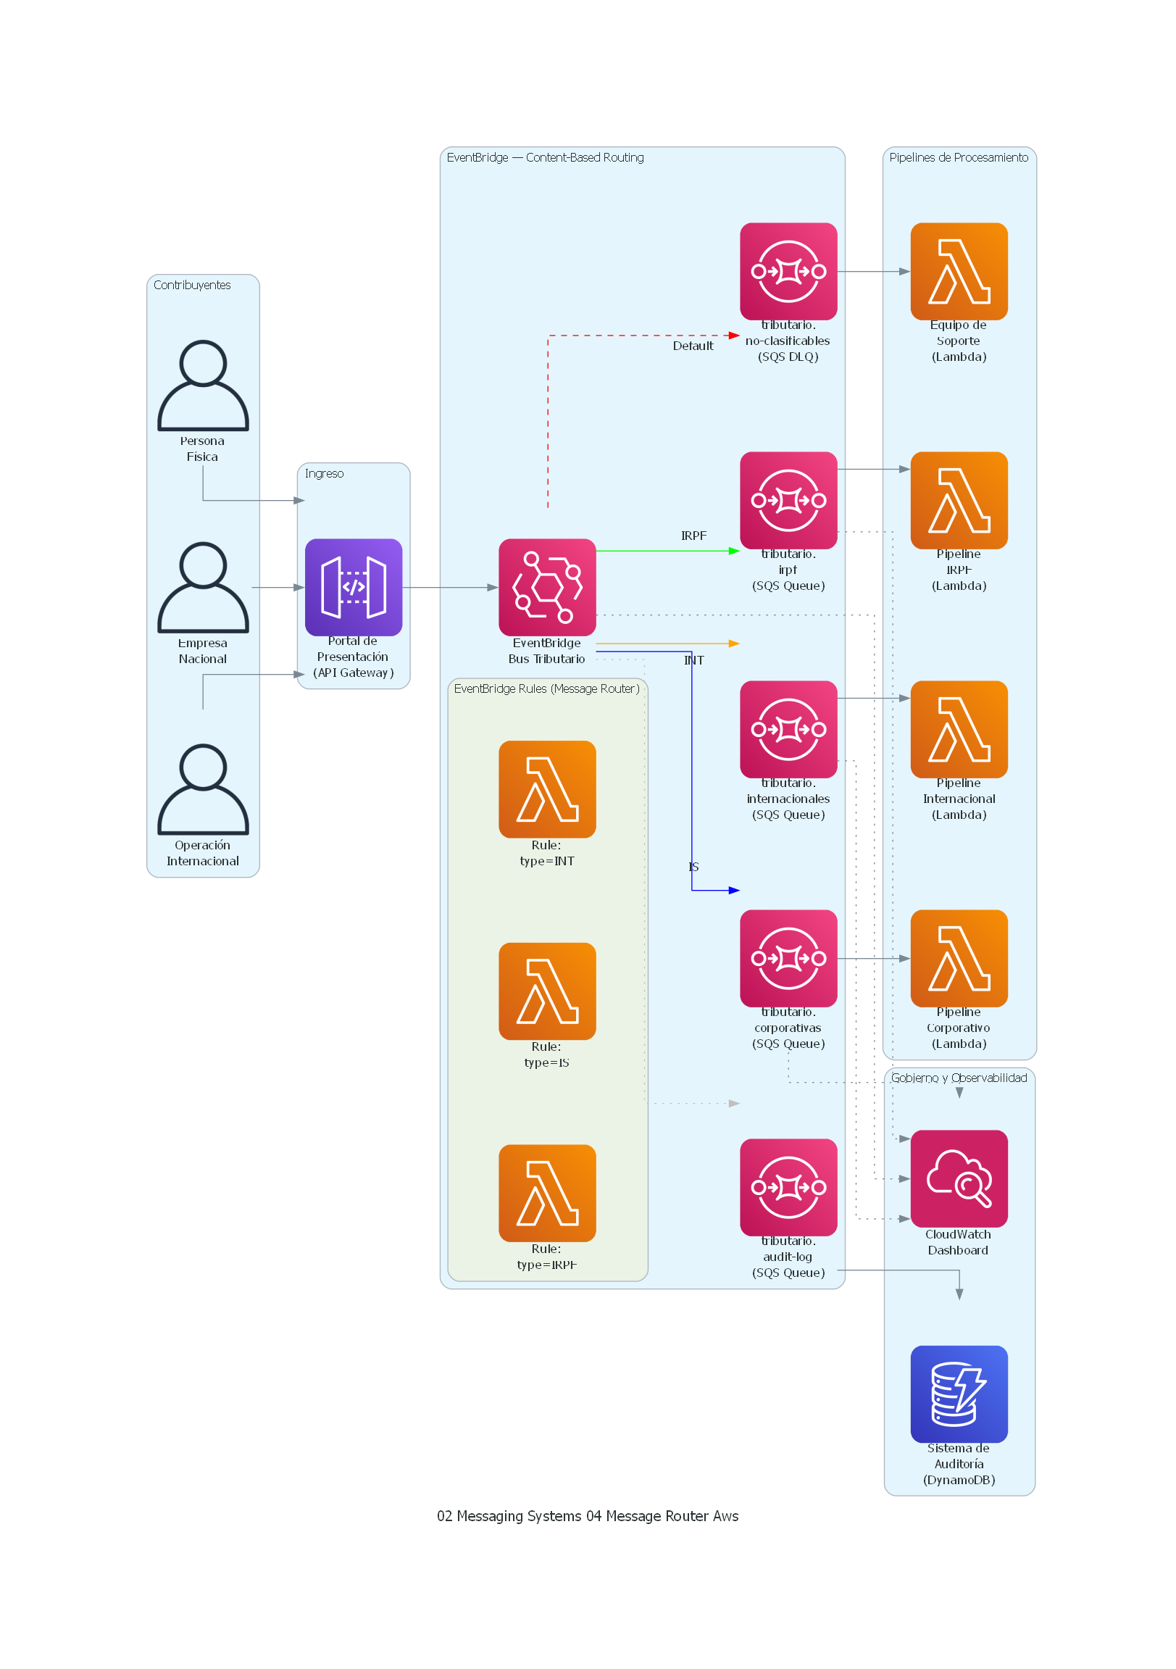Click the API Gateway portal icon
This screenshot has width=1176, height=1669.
point(354,586)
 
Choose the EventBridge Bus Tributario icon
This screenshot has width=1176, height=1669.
point(546,586)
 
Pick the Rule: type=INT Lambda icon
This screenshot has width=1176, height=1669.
point(546,788)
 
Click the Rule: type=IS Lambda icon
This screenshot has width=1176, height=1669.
point(546,991)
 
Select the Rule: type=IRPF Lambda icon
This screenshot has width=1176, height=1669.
point(546,1193)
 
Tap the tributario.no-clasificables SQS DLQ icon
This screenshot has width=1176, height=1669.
point(788,271)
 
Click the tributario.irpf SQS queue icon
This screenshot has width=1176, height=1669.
point(788,500)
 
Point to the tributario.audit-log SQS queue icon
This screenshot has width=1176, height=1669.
point(788,1187)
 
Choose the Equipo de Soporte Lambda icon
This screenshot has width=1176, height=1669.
point(959,271)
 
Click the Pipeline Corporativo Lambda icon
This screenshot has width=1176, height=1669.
point(959,958)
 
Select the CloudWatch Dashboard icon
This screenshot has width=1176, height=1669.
point(959,1178)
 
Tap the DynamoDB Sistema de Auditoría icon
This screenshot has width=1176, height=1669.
point(959,1394)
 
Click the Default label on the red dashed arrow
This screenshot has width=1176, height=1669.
point(693,346)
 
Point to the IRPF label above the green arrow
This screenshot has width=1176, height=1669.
point(693,536)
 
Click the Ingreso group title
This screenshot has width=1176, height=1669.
point(324,473)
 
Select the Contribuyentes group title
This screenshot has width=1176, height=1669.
point(192,285)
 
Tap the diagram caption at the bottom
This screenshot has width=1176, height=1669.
point(587,1515)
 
